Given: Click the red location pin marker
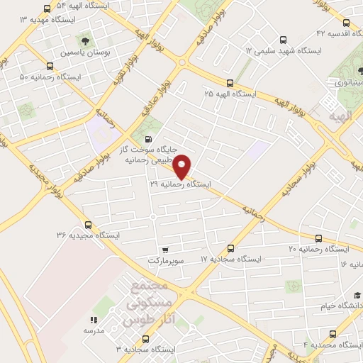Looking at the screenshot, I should point(182,165).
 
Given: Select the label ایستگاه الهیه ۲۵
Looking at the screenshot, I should point(228,94).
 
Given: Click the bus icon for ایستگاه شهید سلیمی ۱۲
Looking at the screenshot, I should point(284,40).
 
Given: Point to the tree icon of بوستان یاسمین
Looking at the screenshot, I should point(87,41).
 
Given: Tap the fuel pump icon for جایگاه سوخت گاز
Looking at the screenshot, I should point(147,140).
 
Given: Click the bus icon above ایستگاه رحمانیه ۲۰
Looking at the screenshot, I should point(318,239).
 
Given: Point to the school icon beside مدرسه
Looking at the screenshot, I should point(94,320).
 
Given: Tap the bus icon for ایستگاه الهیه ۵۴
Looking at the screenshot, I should point(47,9).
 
